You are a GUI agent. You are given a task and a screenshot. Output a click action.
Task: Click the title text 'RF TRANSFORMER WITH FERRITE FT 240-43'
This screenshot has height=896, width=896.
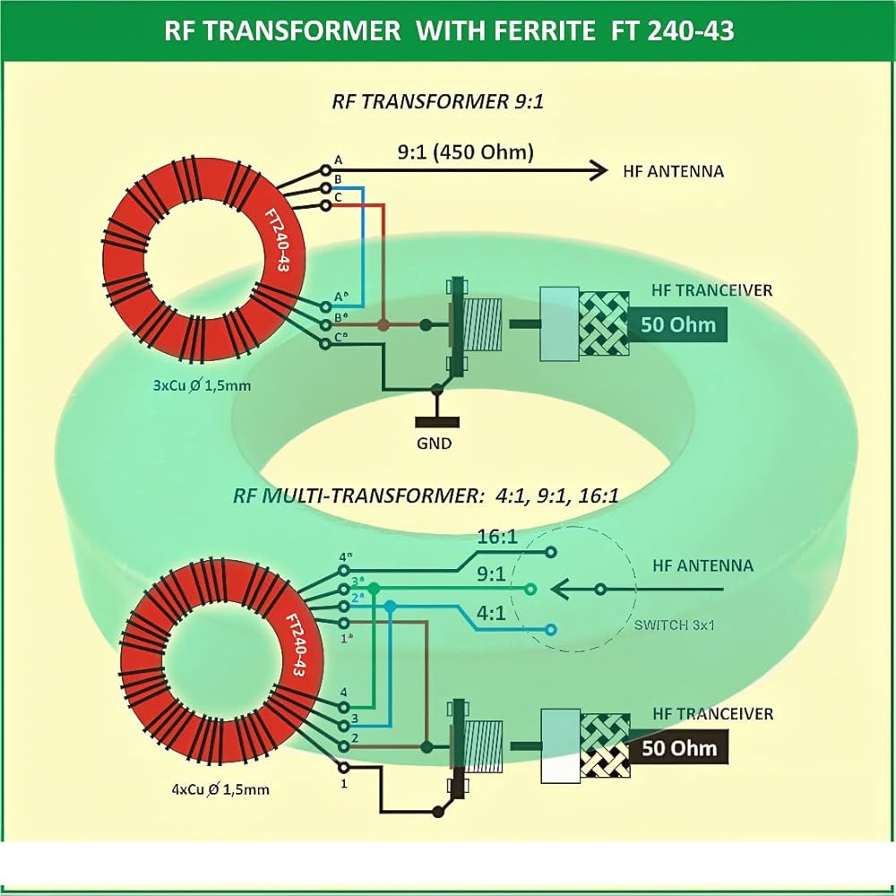pyautogui.click(x=449, y=30)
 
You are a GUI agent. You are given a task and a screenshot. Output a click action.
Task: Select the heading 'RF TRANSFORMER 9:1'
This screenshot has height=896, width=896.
pyautogui.click(x=438, y=101)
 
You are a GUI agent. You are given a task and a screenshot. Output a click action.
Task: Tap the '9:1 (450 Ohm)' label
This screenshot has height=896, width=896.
pyautogui.click(x=465, y=152)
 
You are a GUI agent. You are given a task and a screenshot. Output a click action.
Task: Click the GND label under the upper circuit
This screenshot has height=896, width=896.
pyautogui.click(x=434, y=444)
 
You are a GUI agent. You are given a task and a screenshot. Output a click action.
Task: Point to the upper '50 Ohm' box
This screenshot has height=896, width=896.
pyautogui.click(x=677, y=323)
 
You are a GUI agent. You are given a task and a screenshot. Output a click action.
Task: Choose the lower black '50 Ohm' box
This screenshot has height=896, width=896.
pyautogui.click(x=679, y=747)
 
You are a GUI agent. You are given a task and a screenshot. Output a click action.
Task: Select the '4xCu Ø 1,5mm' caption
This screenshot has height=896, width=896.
pyautogui.click(x=220, y=789)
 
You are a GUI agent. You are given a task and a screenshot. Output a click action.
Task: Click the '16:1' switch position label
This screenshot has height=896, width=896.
pyautogui.click(x=496, y=537)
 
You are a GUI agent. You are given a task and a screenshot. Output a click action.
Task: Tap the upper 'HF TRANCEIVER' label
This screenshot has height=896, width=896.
pyautogui.click(x=712, y=290)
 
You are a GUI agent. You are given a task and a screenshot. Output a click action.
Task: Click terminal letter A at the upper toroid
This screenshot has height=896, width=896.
pyautogui.click(x=338, y=159)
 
